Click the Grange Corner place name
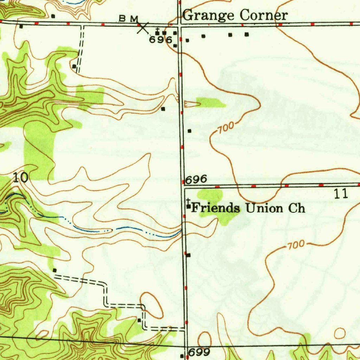(x=235, y=15)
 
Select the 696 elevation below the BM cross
(x=160, y=40)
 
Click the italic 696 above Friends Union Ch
(x=196, y=180)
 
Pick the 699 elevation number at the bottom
(x=199, y=352)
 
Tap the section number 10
(x=20, y=178)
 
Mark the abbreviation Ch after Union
(x=297, y=208)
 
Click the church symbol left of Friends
(x=189, y=205)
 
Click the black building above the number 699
(x=182, y=356)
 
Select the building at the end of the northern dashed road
(x=74, y=66)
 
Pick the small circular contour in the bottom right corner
(x=340, y=332)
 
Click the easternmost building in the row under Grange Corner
(x=246, y=34)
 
